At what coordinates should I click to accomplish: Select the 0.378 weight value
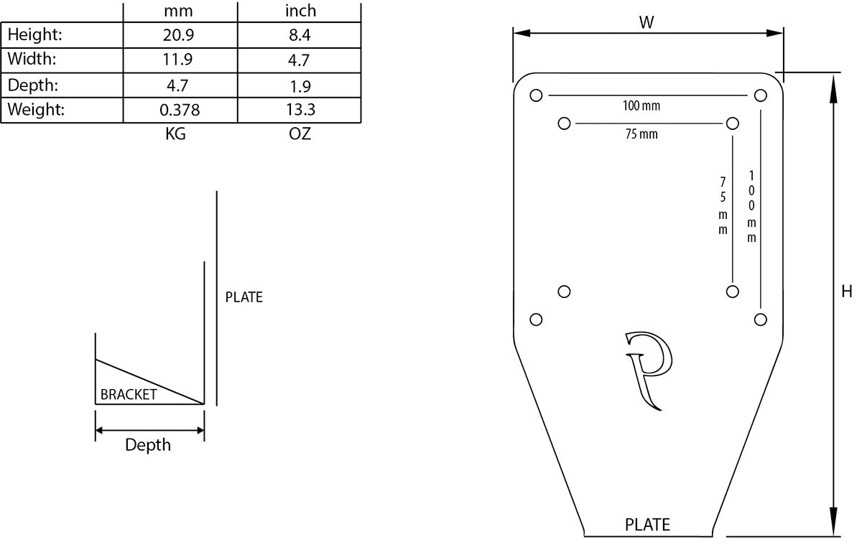[x=180, y=110]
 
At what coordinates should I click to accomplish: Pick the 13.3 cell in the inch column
[x=299, y=110]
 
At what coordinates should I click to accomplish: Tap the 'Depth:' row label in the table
[x=33, y=85]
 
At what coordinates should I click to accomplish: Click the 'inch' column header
[x=300, y=11]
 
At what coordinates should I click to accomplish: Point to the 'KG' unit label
[x=175, y=134]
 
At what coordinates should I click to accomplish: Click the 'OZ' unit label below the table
[x=300, y=134]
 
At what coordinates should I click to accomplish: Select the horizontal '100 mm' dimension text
[x=641, y=106]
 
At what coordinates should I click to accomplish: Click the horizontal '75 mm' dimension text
[x=641, y=134]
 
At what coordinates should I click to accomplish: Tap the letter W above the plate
[x=646, y=22]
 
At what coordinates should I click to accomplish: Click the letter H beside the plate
[x=847, y=291]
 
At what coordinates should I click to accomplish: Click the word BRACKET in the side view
[x=129, y=394]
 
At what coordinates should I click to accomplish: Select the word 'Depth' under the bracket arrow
[x=148, y=445]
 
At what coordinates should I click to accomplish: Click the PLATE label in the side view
[x=244, y=297]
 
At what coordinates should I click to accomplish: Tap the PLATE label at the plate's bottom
[x=647, y=525]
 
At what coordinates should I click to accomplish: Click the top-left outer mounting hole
[x=535, y=95]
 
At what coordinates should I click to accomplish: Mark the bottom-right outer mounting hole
[x=760, y=319]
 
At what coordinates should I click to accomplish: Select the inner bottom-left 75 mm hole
[x=564, y=291]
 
